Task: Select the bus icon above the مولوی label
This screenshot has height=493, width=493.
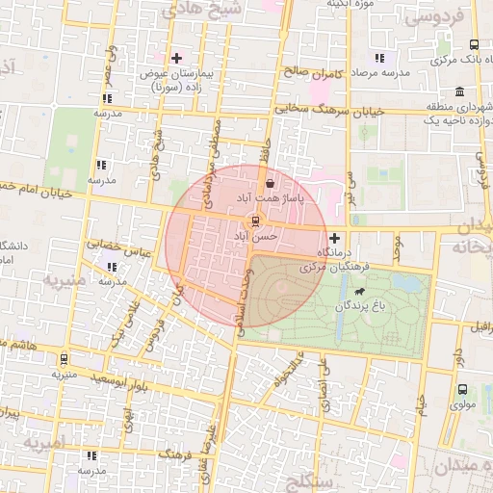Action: [463, 390]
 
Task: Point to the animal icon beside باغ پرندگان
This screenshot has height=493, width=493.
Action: [359, 291]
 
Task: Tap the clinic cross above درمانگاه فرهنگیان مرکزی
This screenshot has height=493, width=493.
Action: [334, 238]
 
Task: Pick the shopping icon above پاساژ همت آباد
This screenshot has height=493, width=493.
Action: [270, 182]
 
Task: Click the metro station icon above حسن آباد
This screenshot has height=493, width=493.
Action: [254, 221]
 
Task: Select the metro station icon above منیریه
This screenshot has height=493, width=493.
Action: [65, 356]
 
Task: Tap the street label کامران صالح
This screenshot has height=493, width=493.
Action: [308, 70]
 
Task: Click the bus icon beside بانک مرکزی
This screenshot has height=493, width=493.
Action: [473, 45]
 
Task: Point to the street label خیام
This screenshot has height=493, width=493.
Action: [420, 395]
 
